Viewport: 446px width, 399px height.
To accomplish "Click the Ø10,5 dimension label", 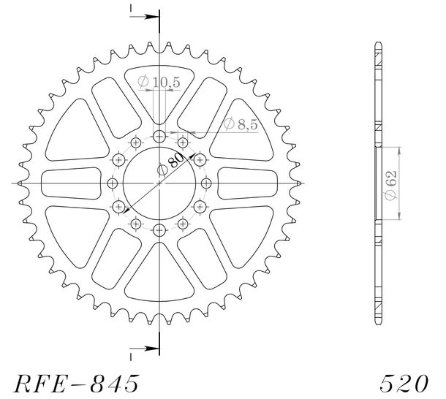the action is click(159, 82).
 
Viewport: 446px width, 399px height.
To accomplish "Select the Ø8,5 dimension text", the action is click(241, 124).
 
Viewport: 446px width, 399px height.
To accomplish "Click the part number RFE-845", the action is click(77, 384).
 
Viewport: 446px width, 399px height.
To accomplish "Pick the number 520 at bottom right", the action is click(404, 384).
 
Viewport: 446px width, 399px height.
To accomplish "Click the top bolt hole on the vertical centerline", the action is click(159, 137).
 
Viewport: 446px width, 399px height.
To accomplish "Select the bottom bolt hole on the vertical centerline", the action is click(159, 230).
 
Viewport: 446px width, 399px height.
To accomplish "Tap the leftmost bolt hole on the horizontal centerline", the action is click(113, 183).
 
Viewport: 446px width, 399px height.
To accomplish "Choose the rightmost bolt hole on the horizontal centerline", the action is click(206, 183).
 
